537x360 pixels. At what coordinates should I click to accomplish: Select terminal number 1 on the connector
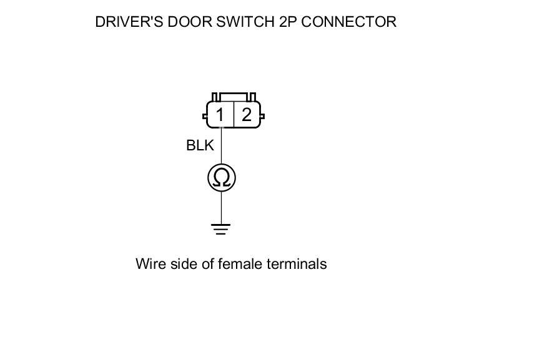pos(220,115)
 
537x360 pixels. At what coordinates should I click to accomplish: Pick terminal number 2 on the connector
pos(247,115)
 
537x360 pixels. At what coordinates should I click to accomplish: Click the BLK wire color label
pos(200,145)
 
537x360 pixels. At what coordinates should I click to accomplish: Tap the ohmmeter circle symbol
pos(221,178)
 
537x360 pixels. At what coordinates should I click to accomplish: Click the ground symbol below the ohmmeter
pos(221,229)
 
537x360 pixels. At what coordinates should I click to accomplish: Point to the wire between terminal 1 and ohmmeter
pos(221,147)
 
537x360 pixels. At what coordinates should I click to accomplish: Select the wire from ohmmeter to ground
pos(221,208)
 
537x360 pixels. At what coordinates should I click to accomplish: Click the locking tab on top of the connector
pos(234,97)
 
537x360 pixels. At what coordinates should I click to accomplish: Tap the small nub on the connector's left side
pos(205,116)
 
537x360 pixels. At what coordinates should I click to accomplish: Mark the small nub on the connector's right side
pos(262,116)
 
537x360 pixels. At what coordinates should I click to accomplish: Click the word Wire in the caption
pos(150,264)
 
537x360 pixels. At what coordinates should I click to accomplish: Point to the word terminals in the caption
pos(297,264)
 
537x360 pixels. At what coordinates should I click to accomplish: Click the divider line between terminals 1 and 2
pos(234,115)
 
